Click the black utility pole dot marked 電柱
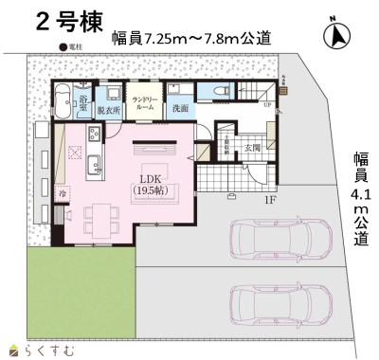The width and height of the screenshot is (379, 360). pyautogui.click(x=62, y=46)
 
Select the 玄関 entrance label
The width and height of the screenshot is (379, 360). pyautogui.click(x=252, y=147)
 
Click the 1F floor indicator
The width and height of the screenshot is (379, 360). pyautogui.click(x=270, y=200)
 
